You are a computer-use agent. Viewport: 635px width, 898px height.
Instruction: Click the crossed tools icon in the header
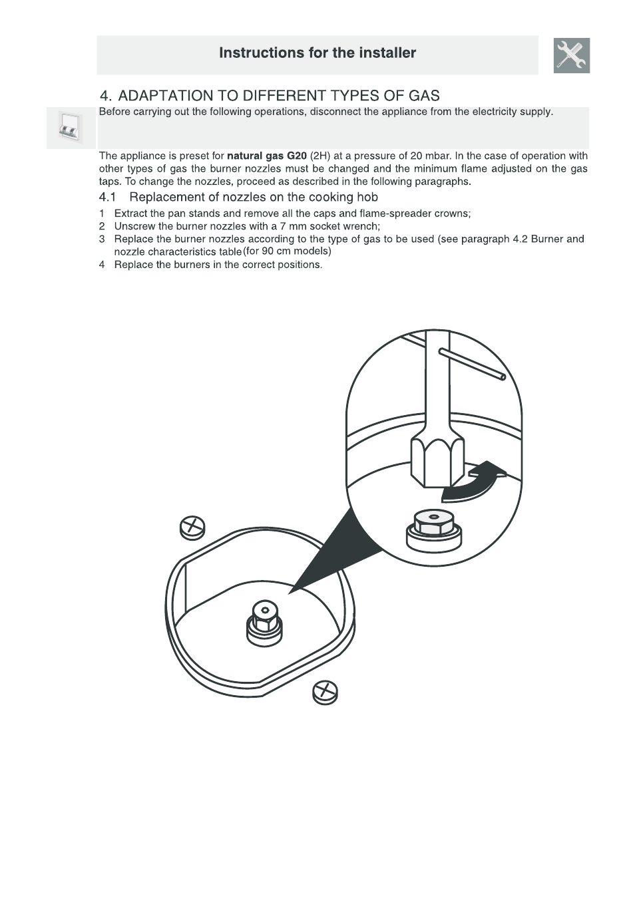coord(571,55)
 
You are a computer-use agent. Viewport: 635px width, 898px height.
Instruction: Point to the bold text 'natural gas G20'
coord(267,156)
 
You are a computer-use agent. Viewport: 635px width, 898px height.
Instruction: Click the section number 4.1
coord(107,198)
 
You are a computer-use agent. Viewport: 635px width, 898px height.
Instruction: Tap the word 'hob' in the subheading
coord(367,198)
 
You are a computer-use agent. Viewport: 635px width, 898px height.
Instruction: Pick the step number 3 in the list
coord(102,239)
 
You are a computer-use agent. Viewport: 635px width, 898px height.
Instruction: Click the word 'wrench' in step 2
coord(359,227)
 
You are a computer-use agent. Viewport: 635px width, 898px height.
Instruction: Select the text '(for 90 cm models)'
coord(287,251)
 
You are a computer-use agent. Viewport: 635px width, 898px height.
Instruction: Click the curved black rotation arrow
coord(471,482)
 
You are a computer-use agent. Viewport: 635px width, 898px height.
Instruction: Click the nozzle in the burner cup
coord(265,622)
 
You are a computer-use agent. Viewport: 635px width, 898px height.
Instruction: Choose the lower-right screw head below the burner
coord(325,692)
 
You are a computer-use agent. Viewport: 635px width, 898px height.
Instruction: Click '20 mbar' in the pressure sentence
coord(431,156)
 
